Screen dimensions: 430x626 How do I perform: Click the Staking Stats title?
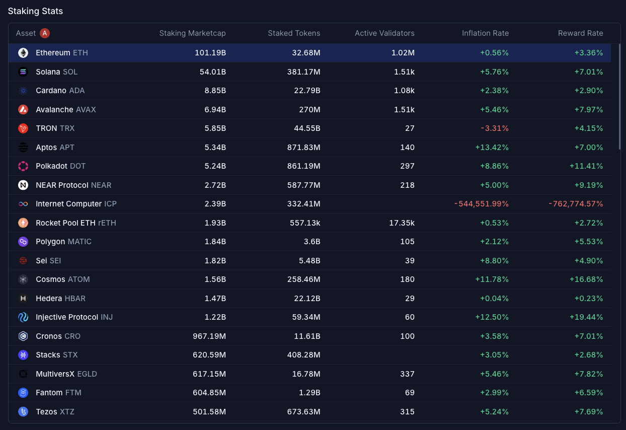pyautogui.click(x=35, y=11)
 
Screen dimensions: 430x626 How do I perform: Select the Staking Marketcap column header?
pyautogui.click(x=192, y=33)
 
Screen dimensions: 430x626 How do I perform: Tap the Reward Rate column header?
pyautogui.click(x=580, y=33)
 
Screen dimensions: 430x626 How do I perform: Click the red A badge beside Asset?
pyautogui.click(x=45, y=33)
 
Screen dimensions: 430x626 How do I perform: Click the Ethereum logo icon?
pyautogui.click(x=23, y=53)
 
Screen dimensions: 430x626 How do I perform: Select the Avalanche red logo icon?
pyautogui.click(x=23, y=110)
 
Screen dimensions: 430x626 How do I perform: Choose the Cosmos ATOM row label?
pyautogui.click(x=62, y=279)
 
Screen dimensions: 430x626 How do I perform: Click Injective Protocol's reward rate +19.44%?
pyautogui.click(x=586, y=317)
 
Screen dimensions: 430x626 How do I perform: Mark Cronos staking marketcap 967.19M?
pyautogui.click(x=209, y=336)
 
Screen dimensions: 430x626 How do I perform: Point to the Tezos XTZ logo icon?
pyautogui.click(x=23, y=412)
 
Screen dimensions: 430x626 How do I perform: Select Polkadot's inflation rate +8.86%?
pyautogui.click(x=492, y=166)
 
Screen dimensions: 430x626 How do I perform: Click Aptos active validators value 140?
pyautogui.click(x=407, y=148)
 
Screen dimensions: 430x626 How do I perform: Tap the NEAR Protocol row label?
pyautogui.click(x=73, y=185)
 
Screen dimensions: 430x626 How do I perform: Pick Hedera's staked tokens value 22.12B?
pyautogui.click(x=307, y=299)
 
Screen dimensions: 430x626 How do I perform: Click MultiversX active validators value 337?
pyautogui.click(x=407, y=374)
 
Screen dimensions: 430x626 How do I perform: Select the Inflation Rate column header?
pyautogui.click(x=485, y=33)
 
